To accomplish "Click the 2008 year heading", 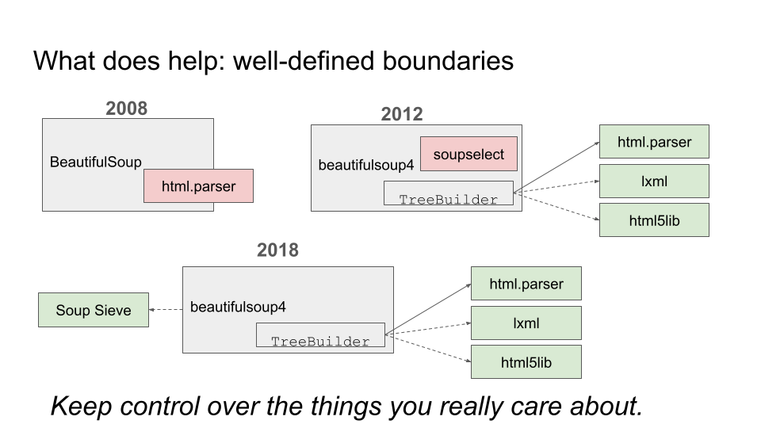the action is coord(126,109).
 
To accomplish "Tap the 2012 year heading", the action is coord(402,114).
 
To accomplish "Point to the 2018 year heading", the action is coord(277,250).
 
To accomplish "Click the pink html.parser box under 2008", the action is coord(198,185).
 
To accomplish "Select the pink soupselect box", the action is coord(468,154).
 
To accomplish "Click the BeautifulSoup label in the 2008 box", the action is coord(96,162).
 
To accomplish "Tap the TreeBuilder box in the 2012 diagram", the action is coord(449,193).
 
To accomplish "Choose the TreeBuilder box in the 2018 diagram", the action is coord(320,334).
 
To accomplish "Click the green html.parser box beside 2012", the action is coord(654,142).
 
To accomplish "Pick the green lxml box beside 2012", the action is coord(654,181).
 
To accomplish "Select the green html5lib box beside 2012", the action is coord(654,220).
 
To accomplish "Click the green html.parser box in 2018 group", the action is coord(526,284).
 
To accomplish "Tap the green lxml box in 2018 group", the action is coord(526,323).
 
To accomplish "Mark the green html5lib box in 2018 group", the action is coord(526,362).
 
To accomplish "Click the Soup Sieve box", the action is coord(94,310).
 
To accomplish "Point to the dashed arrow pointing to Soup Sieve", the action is coord(166,310).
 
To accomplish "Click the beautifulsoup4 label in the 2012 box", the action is coord(366,166).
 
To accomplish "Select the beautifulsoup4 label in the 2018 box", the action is coord(238,308).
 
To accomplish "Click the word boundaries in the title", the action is coord(448,61).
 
